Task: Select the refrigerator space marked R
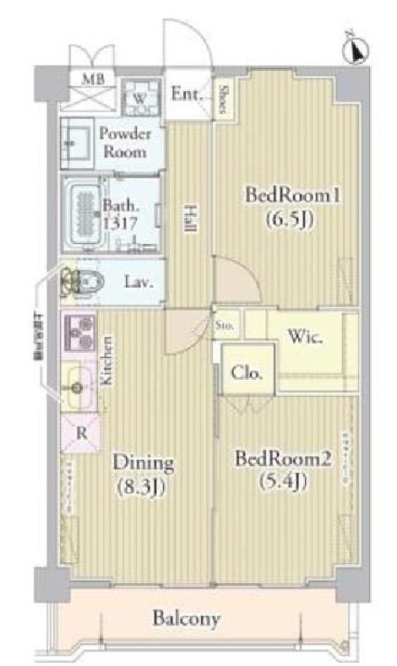point(81,431)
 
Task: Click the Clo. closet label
point(248,372)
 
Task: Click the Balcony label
point(188,619)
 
